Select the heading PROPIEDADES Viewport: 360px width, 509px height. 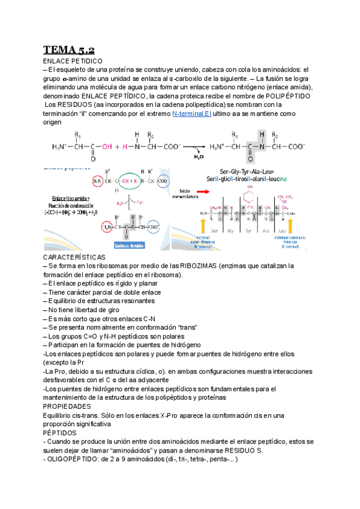point(67,406)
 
